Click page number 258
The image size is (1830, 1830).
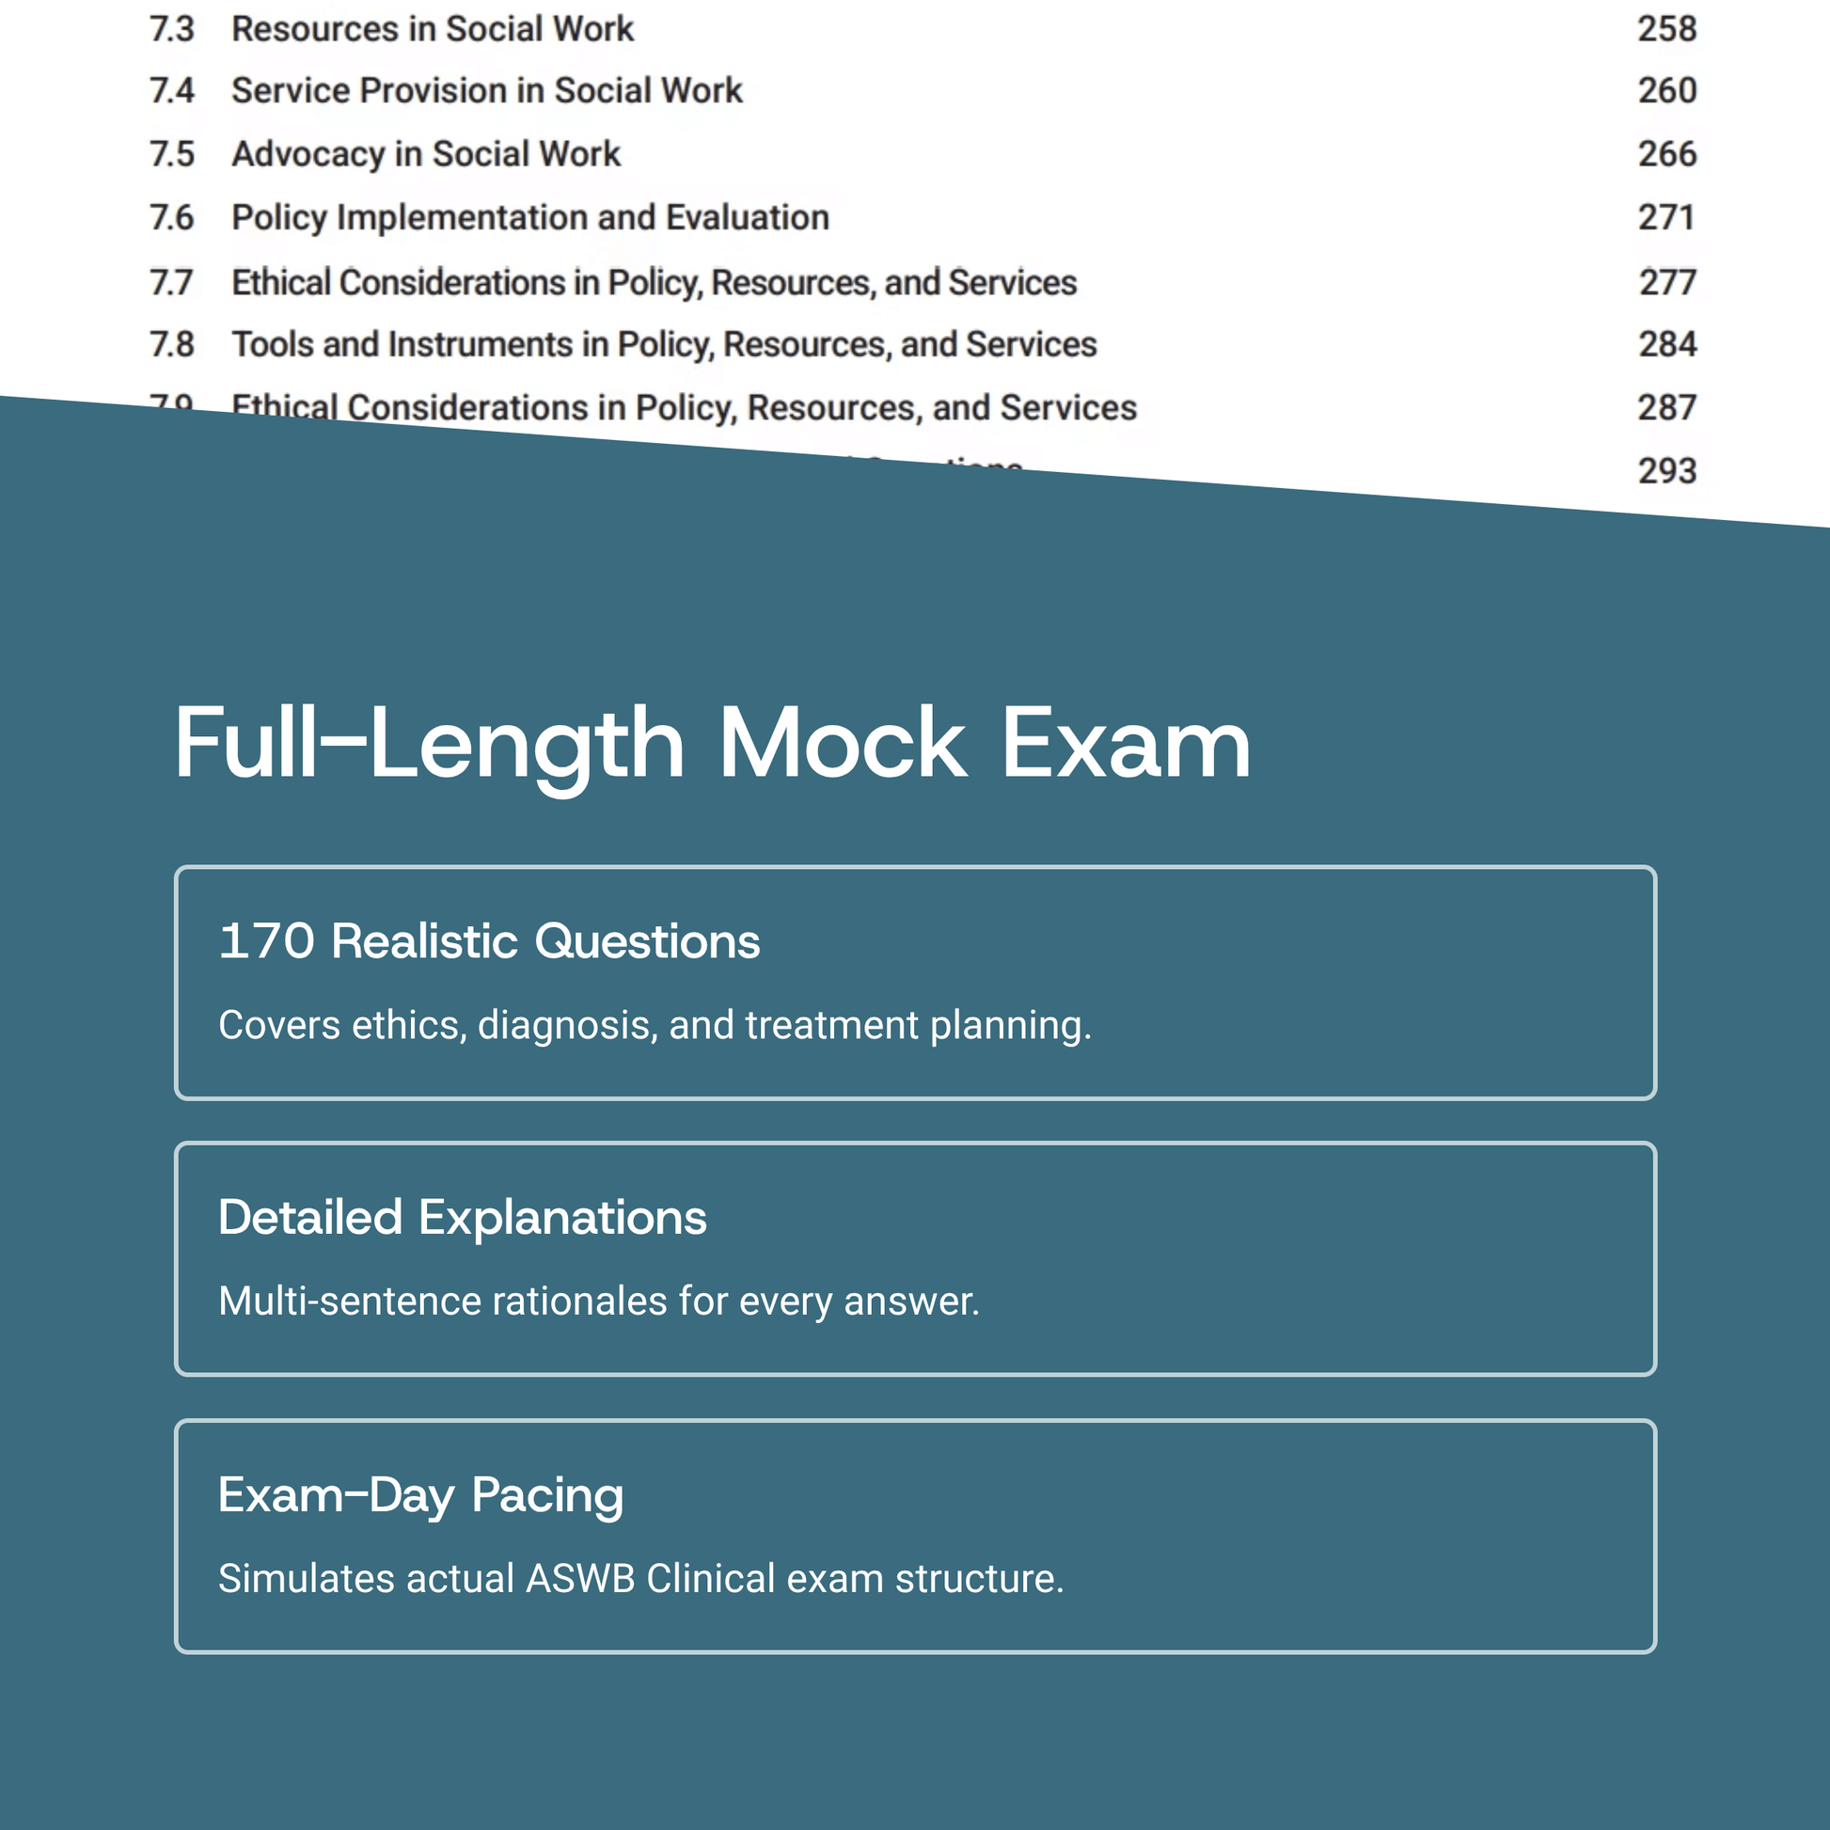point(1667,29)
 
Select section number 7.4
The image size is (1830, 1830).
point(171,91)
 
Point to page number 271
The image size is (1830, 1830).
point(1666,218)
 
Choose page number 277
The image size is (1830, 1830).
point(1667,282)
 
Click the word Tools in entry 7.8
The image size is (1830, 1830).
point(272,345)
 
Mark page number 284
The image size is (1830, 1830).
point(1667,345)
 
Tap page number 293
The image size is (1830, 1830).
point(1667,471)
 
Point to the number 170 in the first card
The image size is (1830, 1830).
point(266,941)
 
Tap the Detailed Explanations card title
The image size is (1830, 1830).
point(463,1218)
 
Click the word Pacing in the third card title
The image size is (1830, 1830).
point(546,1495)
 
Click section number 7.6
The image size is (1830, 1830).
point(171,218)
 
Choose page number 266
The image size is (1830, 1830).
point(1667,154)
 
